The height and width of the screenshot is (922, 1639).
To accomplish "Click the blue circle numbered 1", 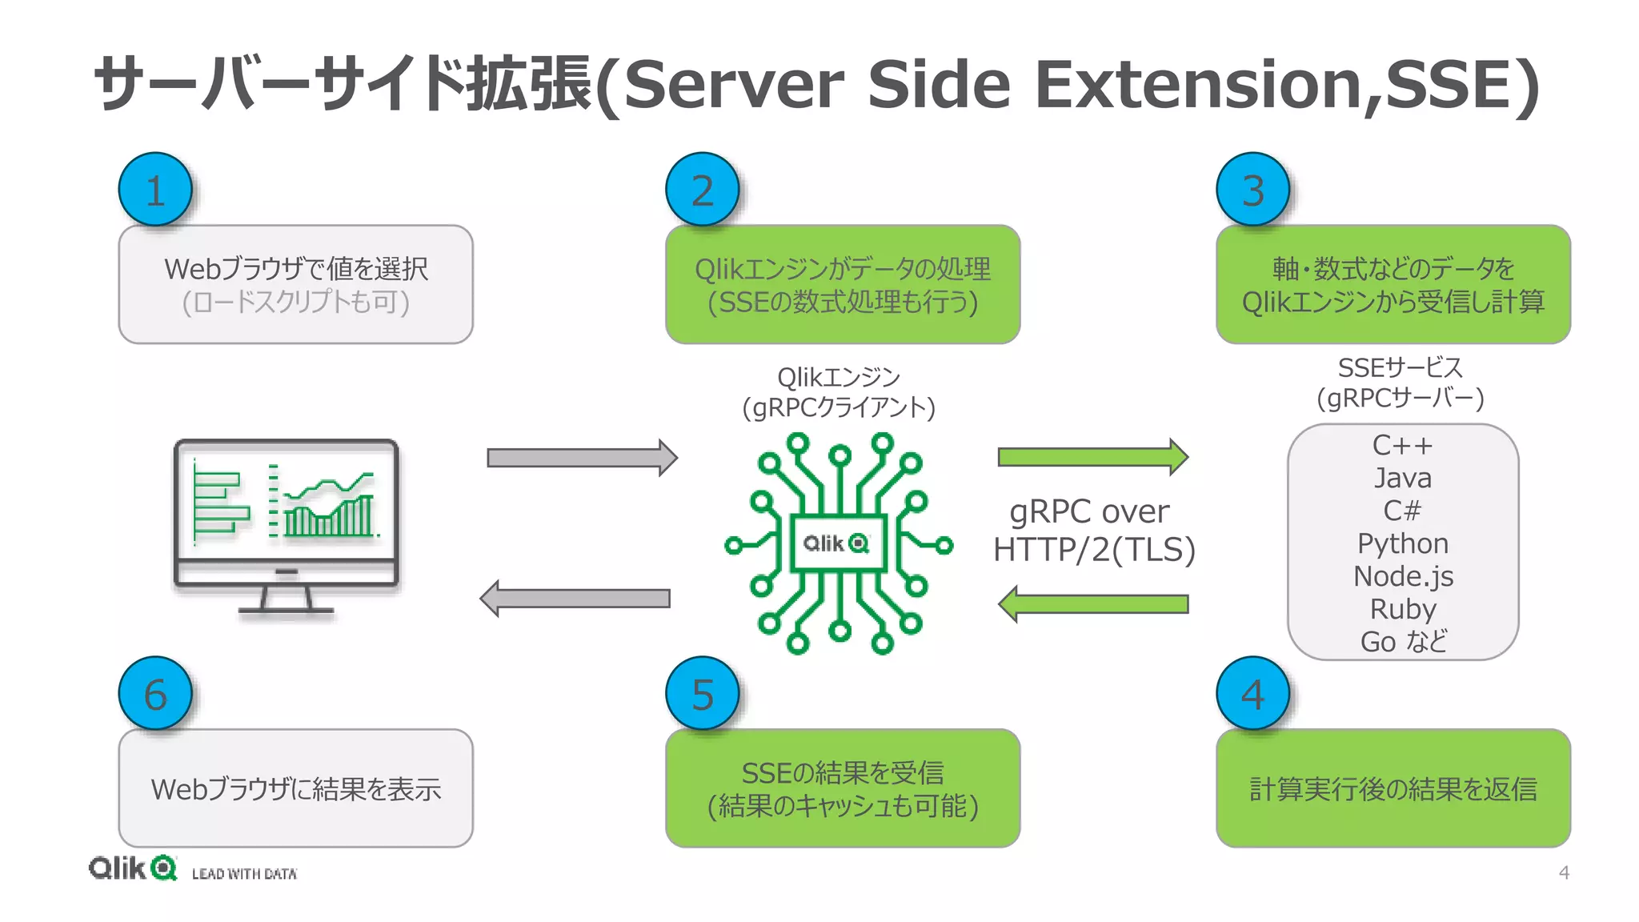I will [155, 190].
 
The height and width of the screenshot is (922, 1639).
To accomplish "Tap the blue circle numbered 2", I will [702, 190].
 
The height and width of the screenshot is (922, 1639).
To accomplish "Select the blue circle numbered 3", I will [1252, 190].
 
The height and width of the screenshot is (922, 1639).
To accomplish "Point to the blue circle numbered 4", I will [1252, 694].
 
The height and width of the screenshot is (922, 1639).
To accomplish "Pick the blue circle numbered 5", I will [702, 694].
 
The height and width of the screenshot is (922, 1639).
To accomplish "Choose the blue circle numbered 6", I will [155, 694].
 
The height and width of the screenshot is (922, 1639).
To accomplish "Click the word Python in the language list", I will [1402, 543].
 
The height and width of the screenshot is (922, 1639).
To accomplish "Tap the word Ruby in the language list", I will [1402, 609].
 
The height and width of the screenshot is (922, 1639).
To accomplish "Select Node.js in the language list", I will [1402, 576].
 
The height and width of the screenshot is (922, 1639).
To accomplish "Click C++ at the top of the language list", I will [1402, 445].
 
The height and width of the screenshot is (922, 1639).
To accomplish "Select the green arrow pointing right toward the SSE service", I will [1092, 457].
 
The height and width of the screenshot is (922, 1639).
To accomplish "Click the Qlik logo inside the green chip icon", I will [836, 543].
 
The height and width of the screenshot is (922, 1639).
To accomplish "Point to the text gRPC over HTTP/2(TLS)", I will [1093, 530].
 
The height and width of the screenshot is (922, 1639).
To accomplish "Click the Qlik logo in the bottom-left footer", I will [132, 868].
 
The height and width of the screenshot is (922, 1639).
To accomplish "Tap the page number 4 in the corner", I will [1564, 872].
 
